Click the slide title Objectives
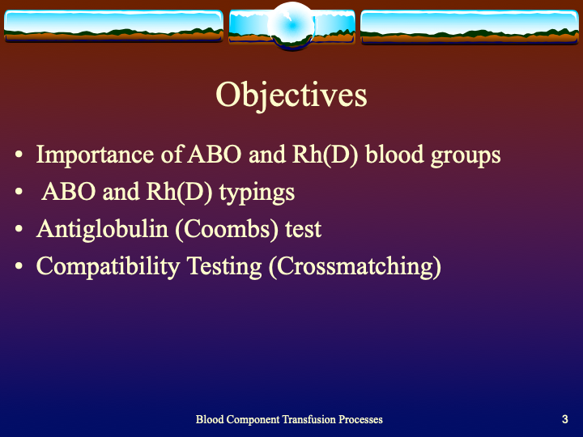pos(291,95)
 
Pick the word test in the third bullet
pos(303,229)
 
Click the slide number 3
pos(564,419)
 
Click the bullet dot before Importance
pos(19,155)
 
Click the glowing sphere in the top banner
pos(291,25)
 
